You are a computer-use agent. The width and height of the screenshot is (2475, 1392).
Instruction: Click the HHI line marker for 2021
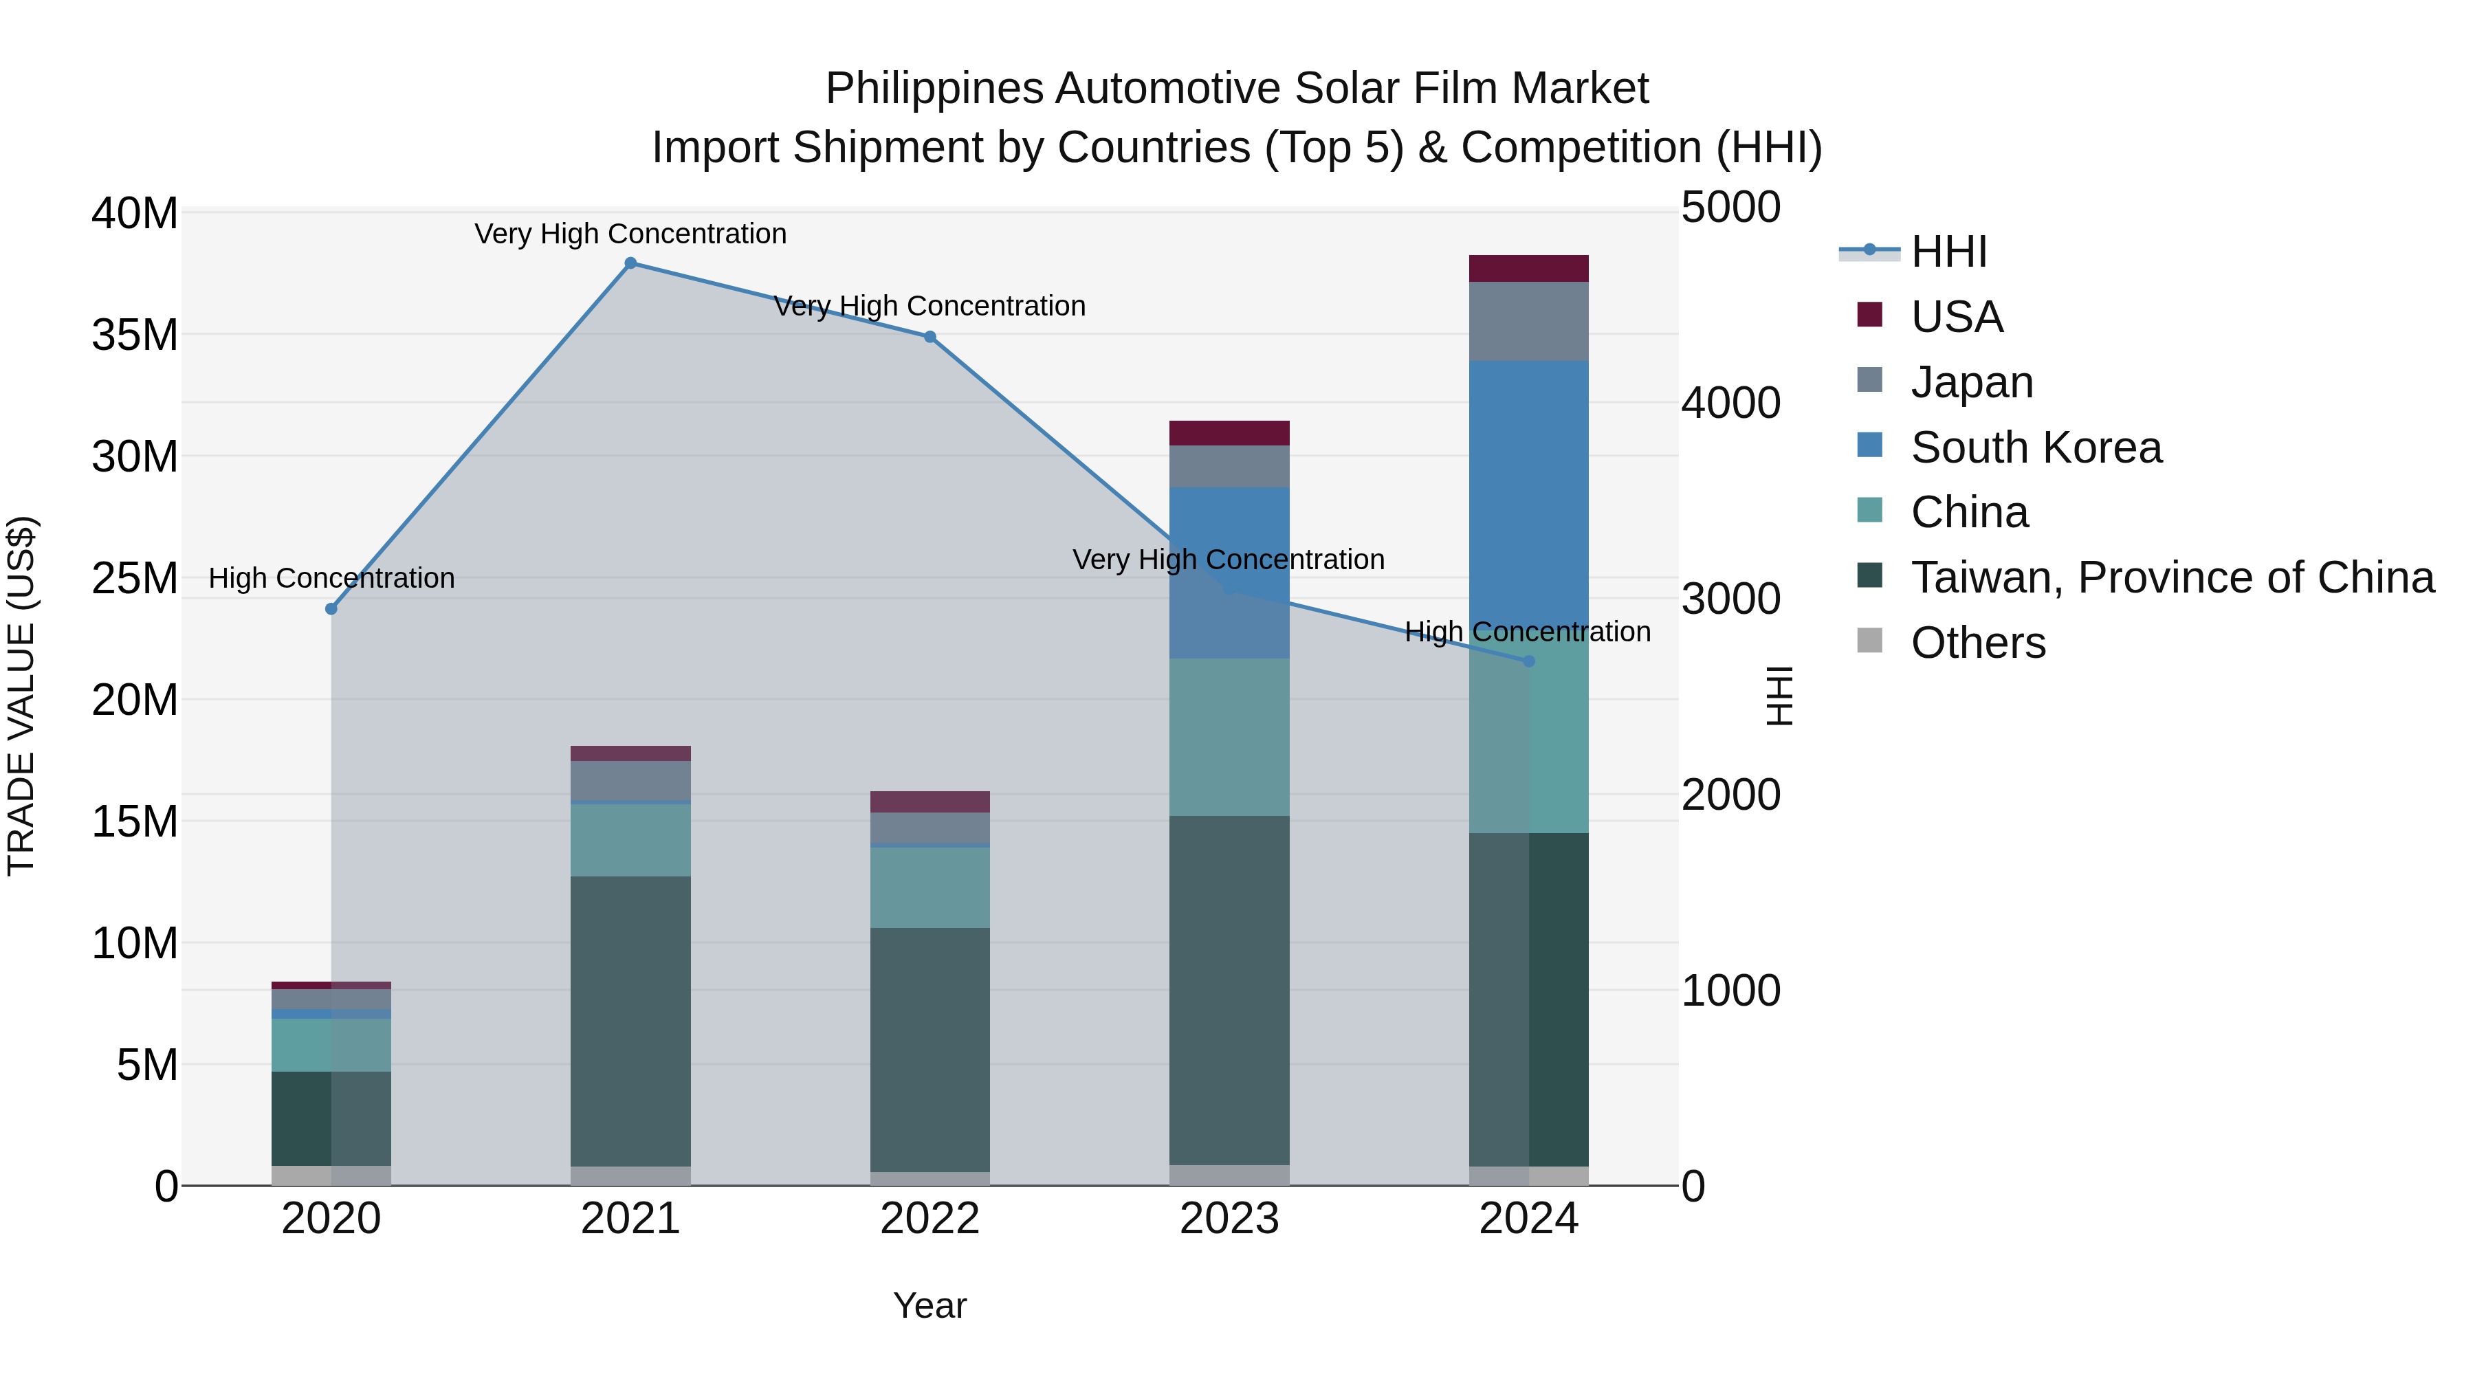630,263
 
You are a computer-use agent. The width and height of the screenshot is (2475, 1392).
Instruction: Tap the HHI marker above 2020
331,609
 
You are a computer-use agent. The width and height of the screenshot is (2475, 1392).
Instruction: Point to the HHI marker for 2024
1528,661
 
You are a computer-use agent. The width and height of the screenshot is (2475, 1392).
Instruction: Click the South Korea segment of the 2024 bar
1528,480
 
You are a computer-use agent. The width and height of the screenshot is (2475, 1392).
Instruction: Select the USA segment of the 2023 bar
1229,433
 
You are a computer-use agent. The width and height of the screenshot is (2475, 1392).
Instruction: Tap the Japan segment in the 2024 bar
1528,321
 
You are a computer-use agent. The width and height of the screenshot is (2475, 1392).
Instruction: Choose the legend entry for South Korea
2035,448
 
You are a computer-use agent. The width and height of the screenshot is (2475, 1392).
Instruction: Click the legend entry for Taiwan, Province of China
2171,577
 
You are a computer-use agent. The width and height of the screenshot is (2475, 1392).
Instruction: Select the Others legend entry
1977,643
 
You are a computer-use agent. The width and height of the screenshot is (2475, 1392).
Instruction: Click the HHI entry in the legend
1948,252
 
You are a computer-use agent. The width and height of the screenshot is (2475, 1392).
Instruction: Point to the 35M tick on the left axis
135,335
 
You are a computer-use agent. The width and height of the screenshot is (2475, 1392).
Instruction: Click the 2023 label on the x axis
1229,1219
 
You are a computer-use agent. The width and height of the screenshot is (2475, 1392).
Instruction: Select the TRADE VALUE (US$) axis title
21,696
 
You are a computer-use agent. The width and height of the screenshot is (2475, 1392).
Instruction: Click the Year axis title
929,1305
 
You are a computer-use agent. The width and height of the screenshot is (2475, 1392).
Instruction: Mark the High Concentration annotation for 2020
331,578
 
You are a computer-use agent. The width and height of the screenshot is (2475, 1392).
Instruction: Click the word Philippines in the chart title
933,89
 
